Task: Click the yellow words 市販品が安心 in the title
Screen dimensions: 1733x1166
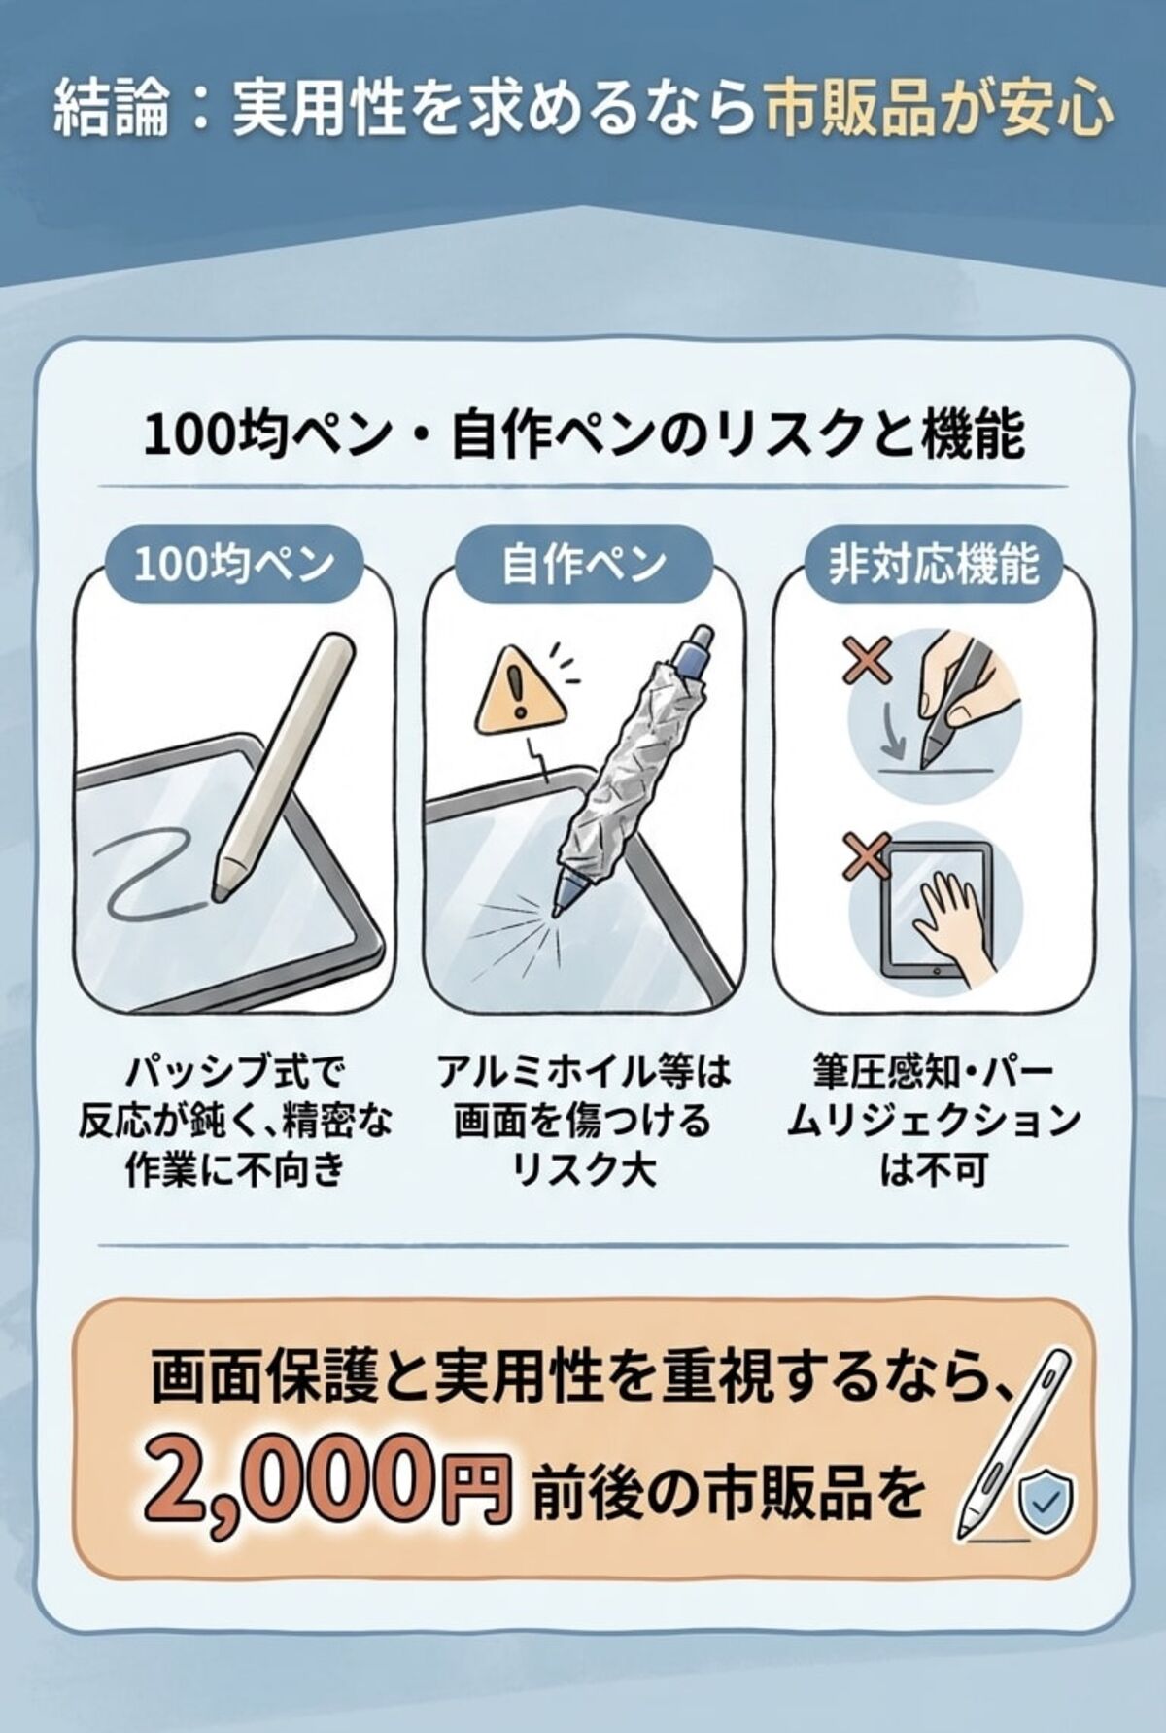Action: coord(938,109)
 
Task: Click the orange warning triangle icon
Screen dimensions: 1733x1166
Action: coord(520,693)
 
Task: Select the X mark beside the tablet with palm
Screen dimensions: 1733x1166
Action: coord(869,858)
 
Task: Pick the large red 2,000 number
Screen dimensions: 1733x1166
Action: coord(287,1484)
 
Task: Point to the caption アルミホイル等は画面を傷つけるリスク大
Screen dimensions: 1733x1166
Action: coord(583,1123)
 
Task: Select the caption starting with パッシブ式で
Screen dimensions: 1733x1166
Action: coord(234,1123)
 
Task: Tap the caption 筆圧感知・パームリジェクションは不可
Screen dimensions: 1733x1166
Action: coord(933,1123)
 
